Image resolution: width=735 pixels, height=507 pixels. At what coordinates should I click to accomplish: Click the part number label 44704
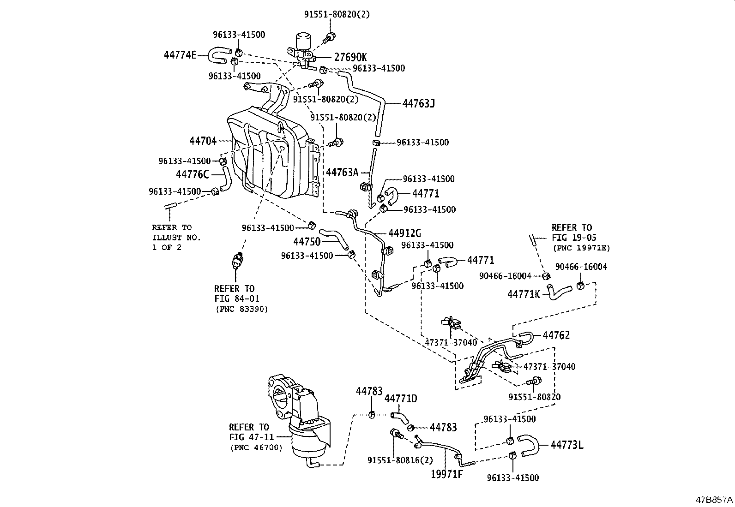(x=203, y=141)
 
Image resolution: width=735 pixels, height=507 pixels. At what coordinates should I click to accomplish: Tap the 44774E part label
(x=180, y=55)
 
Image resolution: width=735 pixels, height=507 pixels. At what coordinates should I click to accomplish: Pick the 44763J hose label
(x=418, y=103)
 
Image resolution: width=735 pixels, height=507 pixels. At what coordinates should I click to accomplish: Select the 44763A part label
(x=342, y=173)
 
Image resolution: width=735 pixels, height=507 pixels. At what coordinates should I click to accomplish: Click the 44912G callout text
(x=404, y=233)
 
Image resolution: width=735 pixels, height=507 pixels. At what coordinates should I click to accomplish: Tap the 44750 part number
(x=307, y=242)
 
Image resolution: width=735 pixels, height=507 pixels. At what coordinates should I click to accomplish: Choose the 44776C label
(x=193, y=174)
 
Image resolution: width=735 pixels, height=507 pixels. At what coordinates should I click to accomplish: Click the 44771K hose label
(x=524, y=294)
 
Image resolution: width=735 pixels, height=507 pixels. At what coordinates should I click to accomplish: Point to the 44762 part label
(x=556, y=335)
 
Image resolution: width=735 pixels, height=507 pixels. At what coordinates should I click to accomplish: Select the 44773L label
(x=567, y=445)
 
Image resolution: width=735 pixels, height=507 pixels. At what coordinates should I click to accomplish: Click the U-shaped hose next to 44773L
(x=529, y=444)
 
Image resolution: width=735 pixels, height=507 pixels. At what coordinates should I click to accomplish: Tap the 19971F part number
(x=447, y=474)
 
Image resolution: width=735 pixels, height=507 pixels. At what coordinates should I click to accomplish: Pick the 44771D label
(x=401, y=399)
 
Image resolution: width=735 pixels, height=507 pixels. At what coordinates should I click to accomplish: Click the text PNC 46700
(x=256, y=447)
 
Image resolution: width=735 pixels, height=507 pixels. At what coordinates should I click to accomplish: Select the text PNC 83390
(x=241, y=309)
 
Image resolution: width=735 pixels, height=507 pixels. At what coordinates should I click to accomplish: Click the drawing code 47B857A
(x=715, y=500)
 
